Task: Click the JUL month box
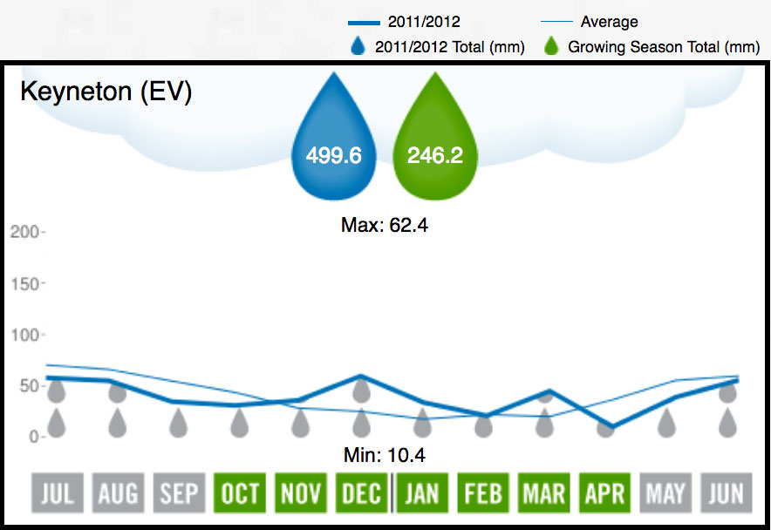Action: pyautogui.click(x=57, y=494)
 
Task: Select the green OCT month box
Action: pyautogui.click(x=239, y=494)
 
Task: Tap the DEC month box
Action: pyautogui.click(x=361, y=494)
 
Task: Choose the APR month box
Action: pyautogui.click(x=604, y=494)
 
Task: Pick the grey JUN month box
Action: pyautogui.click(x=726, y=494)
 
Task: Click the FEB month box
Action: pyautogui.click(x=483, y=494)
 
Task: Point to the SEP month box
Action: pyautogui.click(x=179, y=494)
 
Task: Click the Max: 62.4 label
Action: pyautogui.click(x=385, y=225)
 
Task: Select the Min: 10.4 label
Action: pyautogui.click(x=385, y=455)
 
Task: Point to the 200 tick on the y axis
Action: pyautogui.click(x=24, y=233)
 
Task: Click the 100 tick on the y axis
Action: pyautogui.click(x=24, y=335)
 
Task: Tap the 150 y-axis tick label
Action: pyautogui.click(x=24, y=284)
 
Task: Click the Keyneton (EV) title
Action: pyautogui.click(x=106, y=92)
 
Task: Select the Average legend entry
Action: pyautogui.click(x=609, y=22)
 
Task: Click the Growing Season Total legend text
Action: pyautogui.click(x=664, y=47)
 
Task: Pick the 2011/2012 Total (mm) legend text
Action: pyautogui.click(x=449, y=47)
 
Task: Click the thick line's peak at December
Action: pyautogui.click(x=361, y=377)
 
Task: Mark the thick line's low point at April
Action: pyautogui.click(x=605, y=427)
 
